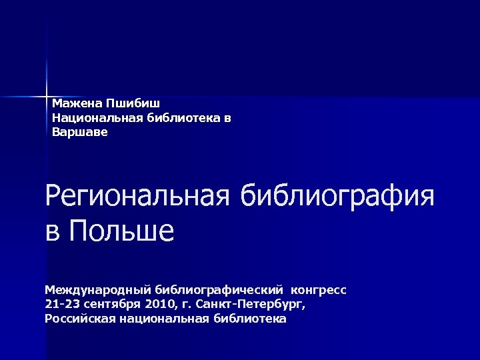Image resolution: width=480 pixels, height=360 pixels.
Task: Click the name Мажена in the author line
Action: tap(74, 104)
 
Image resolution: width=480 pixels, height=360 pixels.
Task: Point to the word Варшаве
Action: tap(79, 132)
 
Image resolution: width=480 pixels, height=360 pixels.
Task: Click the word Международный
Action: tap(98, 291)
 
